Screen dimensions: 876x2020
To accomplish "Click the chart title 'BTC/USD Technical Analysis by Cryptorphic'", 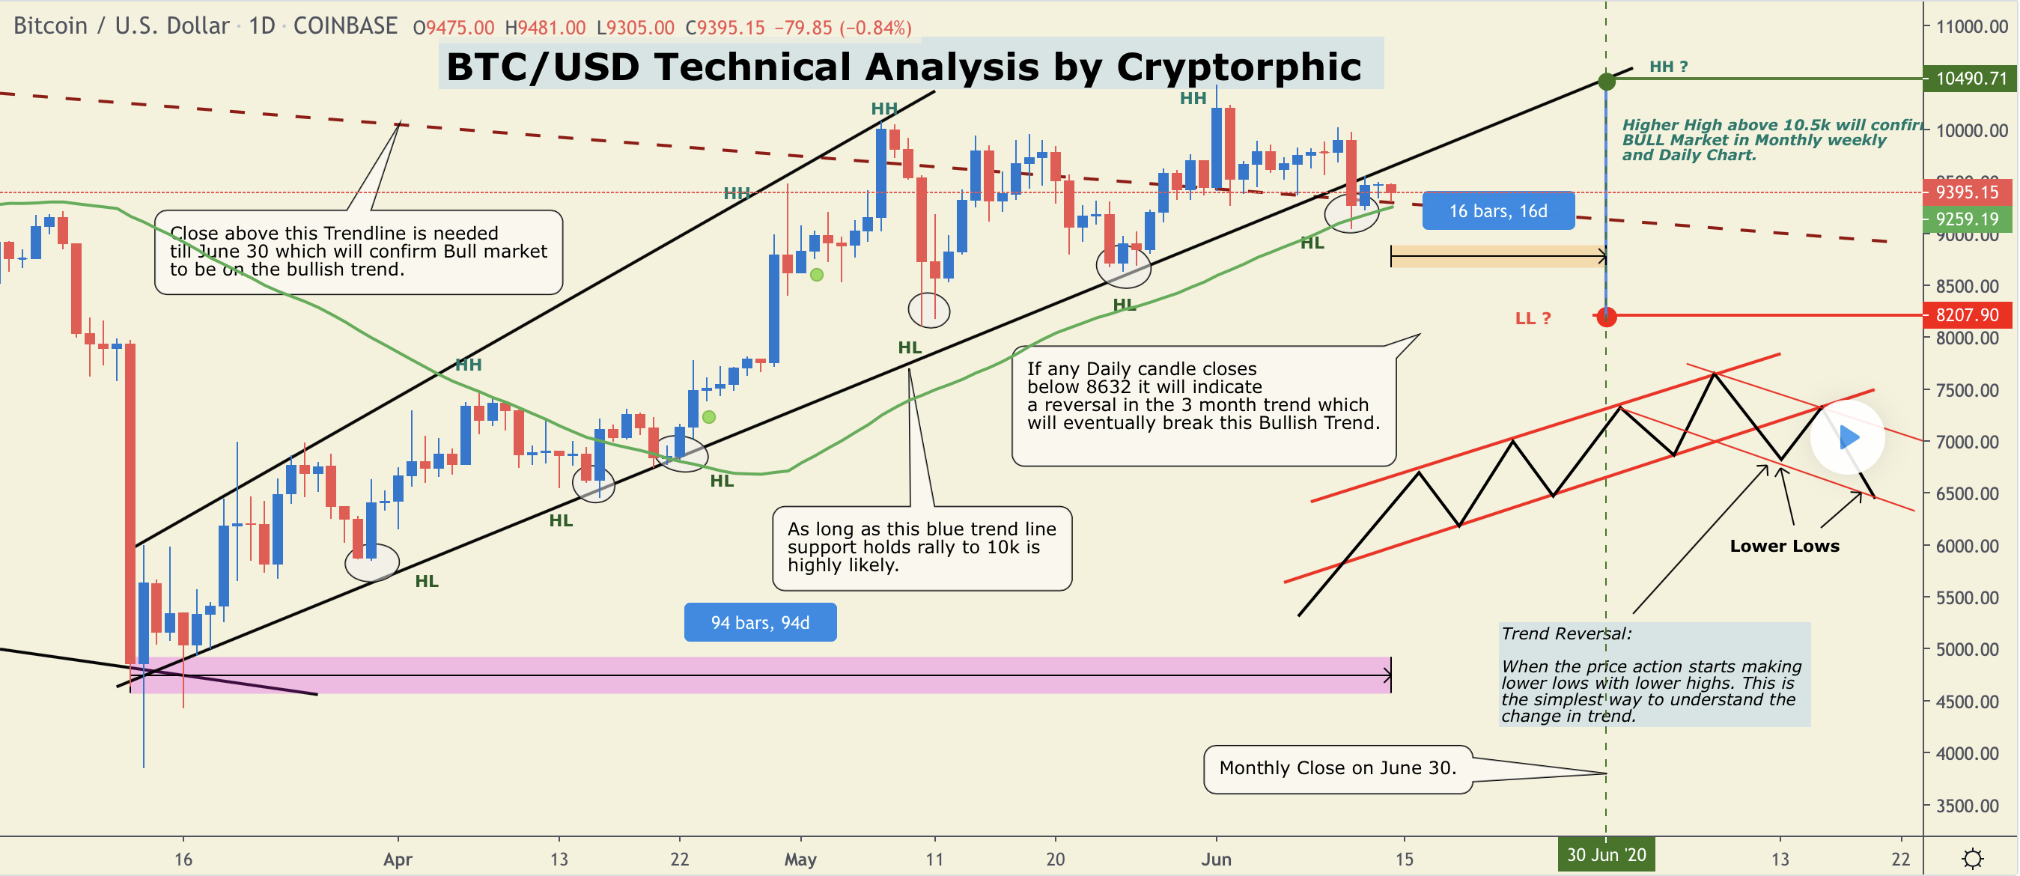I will pyautogui.click(x=904, y=67).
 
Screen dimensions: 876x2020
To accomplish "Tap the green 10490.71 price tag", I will pyautogui.click(x=1970, y=79).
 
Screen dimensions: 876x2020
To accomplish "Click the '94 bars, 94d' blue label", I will pyautogui.click(x=760, y=623).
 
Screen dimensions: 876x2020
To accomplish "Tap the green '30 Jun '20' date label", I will pyautogui.click(x=1606, y=855).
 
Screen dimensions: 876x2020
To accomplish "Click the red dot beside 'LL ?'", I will pyautogui.click(x=1606, y=316).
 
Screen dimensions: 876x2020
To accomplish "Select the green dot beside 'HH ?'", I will pyautogui.click(x=1606, y=81).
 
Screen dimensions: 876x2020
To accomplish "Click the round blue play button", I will pyautogui.click(x=1848, y=437).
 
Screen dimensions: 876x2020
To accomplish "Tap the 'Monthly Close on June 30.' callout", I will pyautogui.click(x=1338, y=768).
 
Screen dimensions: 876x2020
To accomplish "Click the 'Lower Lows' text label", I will pyautogui.click(x=1784, y=547).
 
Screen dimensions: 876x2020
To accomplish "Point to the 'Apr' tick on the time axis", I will pyautogui.click(x=398, y=860).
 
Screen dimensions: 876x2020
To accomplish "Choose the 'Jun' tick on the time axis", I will pyautogui.click(x=1216, y=860).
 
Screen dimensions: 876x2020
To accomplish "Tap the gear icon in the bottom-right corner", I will pyautogui.click(x=1973, y=859).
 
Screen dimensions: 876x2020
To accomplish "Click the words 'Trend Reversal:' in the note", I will pyautogui.click(x=1566, y=633).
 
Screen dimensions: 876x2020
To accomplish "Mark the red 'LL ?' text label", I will pyautogui.click(x=1533, y=318).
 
